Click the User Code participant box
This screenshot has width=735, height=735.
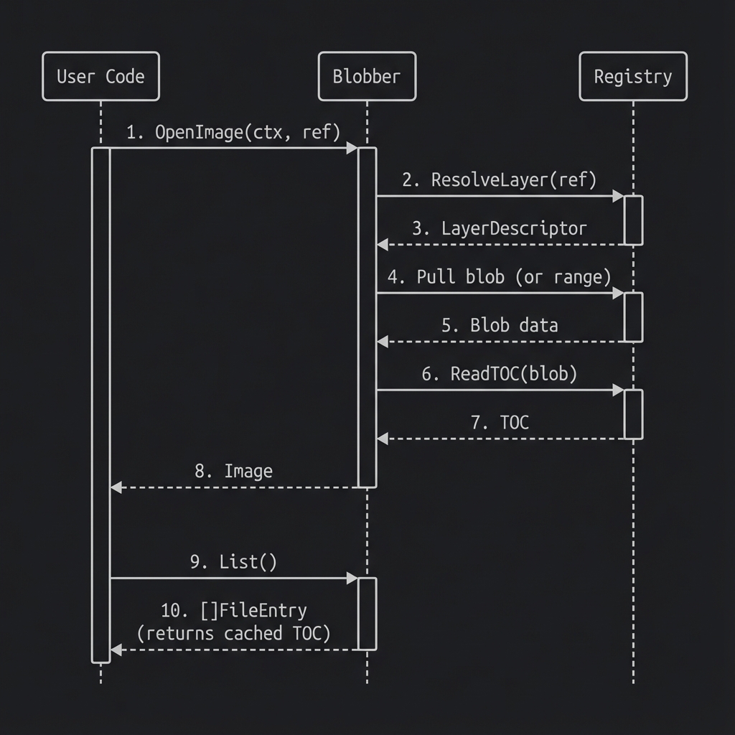click(100, 76)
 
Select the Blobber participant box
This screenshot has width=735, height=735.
click(367, 76)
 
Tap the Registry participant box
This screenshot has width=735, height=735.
click(633, 76)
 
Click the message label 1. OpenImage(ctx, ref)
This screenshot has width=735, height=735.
click(233, 132)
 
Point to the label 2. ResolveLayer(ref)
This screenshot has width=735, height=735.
click(500, 179)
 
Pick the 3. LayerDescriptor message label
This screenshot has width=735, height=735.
click(500, 228)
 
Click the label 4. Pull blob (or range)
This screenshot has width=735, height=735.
click(500, 276)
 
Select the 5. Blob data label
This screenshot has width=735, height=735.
click(500, 324)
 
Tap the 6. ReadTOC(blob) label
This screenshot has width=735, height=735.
click(500, 373)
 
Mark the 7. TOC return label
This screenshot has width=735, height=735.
click(500, 422)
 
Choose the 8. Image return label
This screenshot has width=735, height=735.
click(234, 471)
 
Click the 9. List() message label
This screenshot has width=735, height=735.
click(233, 561)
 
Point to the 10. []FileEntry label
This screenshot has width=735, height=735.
click(234, 610)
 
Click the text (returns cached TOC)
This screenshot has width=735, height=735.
click(234, 633)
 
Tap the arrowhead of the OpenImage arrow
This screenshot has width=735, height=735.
click(352, 148)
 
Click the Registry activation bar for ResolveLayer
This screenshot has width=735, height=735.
click(633, 220)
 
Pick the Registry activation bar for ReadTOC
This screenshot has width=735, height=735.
click(633, 414)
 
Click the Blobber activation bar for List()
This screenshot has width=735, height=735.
click(367, 614)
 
